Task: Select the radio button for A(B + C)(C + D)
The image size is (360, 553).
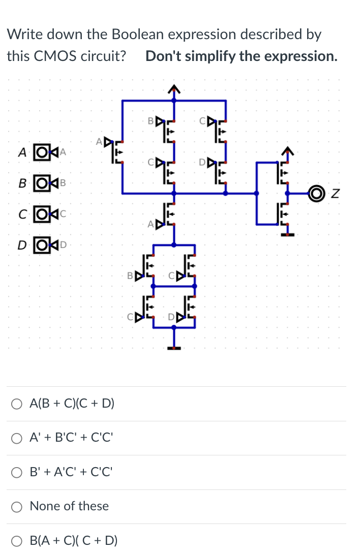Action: [18, 404]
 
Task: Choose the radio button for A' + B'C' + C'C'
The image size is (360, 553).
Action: [18, 438]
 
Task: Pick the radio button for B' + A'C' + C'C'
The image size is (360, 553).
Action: [18, 472]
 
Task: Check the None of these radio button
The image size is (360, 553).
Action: [18, 506]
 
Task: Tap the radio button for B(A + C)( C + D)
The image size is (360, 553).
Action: [18, 540]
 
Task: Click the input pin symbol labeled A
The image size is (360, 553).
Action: [42, 152]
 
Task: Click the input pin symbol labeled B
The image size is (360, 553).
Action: [42, 181]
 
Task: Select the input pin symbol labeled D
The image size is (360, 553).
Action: [42, 245]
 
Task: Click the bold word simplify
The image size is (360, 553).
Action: [210, 55]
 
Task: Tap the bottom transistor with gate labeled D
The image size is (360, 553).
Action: [190, 308]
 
